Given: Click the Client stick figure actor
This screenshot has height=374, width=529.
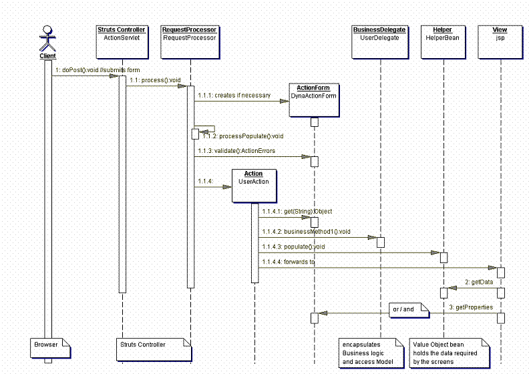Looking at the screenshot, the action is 47,38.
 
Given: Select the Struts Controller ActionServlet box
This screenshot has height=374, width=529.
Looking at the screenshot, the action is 122,42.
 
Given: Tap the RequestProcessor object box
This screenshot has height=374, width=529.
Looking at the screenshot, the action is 190,42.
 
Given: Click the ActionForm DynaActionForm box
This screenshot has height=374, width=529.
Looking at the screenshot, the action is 314,100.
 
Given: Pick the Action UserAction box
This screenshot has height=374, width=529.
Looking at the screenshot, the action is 254,186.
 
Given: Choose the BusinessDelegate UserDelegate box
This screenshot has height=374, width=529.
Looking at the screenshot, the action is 380,42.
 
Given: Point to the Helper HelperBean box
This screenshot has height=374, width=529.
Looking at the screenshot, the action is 443,42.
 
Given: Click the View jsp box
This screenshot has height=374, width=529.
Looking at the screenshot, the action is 500,42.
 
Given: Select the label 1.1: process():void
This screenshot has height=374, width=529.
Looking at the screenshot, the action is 155,80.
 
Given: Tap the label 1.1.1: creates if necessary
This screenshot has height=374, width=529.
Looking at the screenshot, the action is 234,96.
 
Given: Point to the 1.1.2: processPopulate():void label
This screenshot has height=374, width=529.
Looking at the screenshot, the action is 243,136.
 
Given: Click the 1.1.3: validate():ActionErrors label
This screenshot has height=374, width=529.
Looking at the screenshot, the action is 236,151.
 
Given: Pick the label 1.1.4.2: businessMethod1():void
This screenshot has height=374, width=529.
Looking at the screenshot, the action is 307,232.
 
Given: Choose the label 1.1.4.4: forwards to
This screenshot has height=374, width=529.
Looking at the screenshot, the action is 289,262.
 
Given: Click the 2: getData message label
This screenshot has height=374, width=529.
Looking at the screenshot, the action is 479,282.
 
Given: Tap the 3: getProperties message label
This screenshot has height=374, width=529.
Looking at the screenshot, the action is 471,307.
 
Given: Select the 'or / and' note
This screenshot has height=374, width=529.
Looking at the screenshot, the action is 409,311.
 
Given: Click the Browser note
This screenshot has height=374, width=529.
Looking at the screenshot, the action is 50,349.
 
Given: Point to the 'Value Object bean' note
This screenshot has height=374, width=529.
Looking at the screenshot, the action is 450,353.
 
